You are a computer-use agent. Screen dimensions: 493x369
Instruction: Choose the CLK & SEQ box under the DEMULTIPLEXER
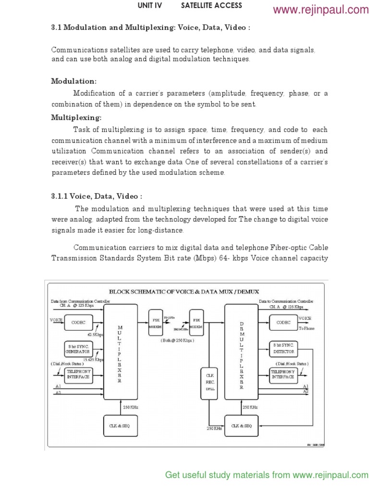coord(242,426)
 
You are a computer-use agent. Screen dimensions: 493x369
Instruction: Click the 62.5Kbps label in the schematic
coord(95,334)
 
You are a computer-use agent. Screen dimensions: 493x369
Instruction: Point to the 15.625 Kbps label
coord(93,359)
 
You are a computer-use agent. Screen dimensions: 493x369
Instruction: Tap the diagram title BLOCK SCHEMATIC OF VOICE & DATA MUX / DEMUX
coord(184,291)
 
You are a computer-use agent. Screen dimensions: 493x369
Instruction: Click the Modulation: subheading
coord(74,81)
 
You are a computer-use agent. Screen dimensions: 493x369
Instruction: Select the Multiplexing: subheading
coord(76,117)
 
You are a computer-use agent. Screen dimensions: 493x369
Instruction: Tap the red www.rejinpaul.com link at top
coord(320,10)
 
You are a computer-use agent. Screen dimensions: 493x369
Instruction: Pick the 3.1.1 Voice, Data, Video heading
coord(97,196)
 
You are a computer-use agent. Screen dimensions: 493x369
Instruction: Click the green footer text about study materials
coord(267,475)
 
